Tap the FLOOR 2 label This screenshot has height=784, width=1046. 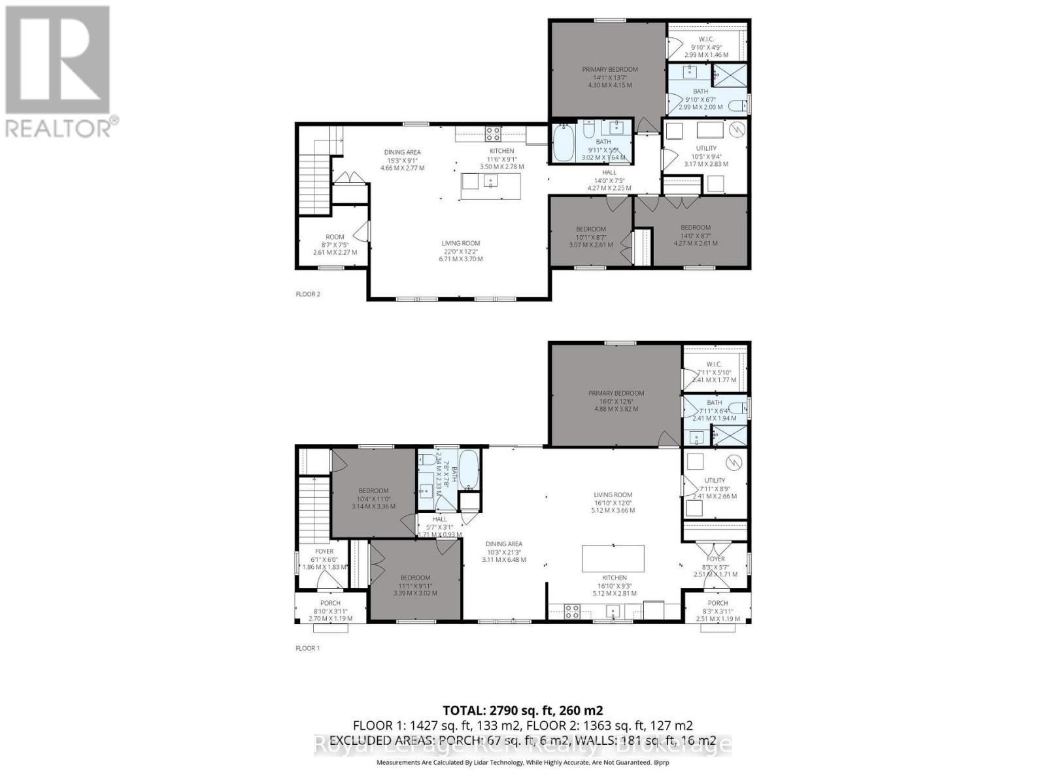308,294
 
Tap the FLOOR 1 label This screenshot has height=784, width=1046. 308,648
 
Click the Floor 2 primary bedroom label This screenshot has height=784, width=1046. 609,69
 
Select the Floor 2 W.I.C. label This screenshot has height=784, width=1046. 705,39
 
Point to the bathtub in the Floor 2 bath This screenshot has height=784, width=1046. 562,144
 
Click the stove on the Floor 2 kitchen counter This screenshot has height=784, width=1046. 492,134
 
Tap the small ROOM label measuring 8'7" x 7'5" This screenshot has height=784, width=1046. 335,237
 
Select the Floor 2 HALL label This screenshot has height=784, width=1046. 609,172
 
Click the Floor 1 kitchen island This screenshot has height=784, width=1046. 613,558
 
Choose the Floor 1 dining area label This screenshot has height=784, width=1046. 503,544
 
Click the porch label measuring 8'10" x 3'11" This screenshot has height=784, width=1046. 330,603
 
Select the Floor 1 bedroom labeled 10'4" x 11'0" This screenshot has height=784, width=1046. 373,491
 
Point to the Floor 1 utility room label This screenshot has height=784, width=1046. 715,480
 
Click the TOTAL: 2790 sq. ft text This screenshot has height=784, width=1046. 522,710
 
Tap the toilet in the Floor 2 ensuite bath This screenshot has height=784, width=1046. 736,105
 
